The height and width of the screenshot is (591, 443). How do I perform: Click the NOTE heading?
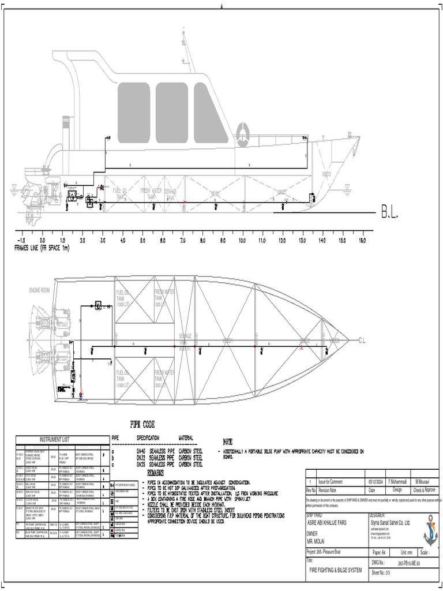click(227, 442)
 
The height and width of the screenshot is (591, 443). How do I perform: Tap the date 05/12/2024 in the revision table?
click(375, 481)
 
